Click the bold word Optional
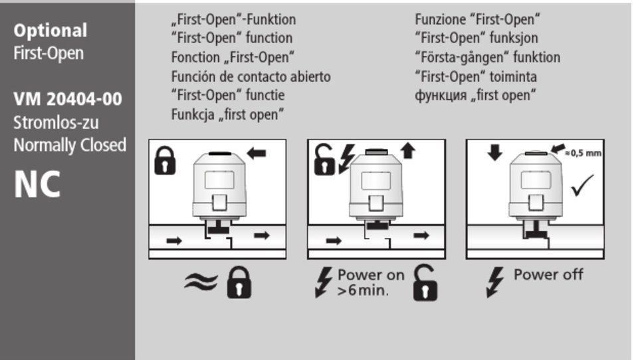[51, 31]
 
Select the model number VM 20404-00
[68, 100]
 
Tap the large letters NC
[37, 185]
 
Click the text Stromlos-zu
[56, 123]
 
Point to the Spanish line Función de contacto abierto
[251, 76]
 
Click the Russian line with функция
[475, 96]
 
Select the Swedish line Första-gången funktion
[488, 58]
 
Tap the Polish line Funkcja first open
[227, 115]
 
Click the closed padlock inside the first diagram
[165, 161]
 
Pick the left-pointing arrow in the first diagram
[257, 153]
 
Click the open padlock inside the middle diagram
[324, 159]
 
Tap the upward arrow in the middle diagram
[407, 151]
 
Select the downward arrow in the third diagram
[494, 152]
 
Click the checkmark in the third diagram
[582, 186]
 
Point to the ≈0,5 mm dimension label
[583, 153]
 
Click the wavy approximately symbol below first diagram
[201, 282]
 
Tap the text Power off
[548, 274]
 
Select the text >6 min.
[363, 290]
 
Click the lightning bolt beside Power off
[495, 282]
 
